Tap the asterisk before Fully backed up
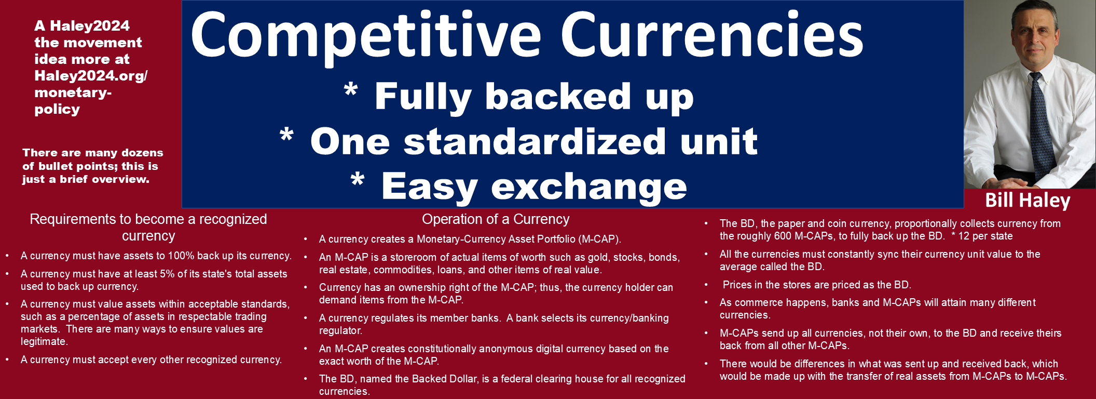tap(351, 90)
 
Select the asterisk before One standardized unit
tap(286, 135)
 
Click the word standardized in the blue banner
tap(535, 142)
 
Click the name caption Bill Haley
tap(1027, 200)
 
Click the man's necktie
tap(1041, 125)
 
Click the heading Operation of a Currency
tap(496, 219)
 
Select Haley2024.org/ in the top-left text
tap(91, 76)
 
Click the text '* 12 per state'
tap(982, 236)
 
